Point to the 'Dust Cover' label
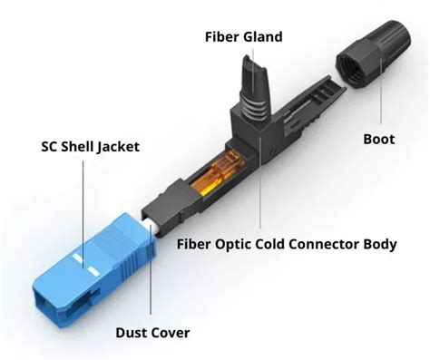tap(152, 333)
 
